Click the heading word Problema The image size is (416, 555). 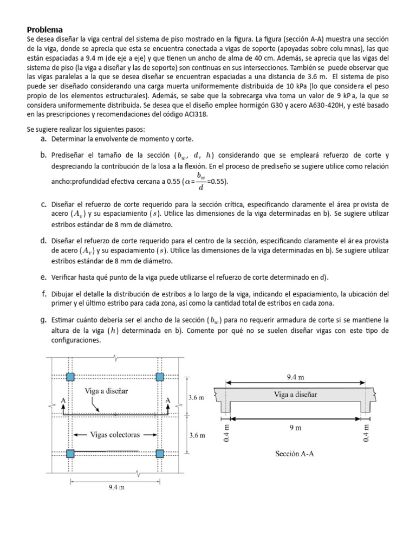pos(45,29)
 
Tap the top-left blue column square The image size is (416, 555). pos(70,377)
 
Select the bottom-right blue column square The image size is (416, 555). pos(160,453)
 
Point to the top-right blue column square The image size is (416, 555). pos(160,377)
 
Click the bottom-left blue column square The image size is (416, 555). pos(70,453)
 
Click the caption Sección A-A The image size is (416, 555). pos(295,454)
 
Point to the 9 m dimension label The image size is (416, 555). pos(295,428)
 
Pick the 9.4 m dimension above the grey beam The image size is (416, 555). pos(295,375)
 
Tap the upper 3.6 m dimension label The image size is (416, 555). pos(196,397)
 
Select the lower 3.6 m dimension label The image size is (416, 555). pos(196,435)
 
